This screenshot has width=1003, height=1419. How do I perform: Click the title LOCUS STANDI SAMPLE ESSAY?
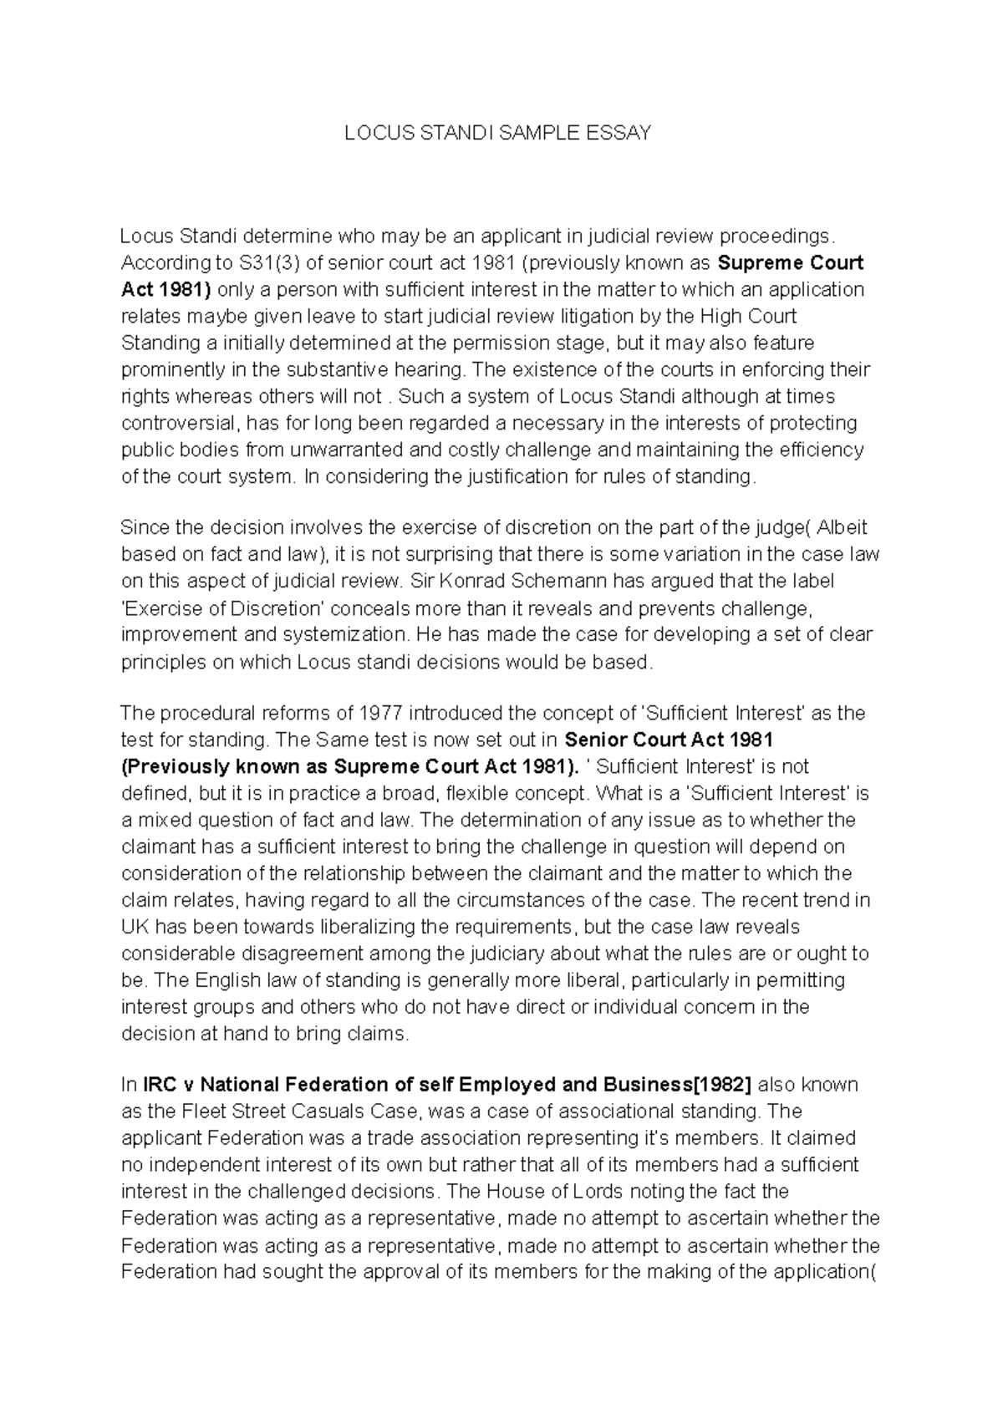[x=498, y=134]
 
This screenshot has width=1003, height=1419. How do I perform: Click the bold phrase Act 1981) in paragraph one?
[x=166, y=290]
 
